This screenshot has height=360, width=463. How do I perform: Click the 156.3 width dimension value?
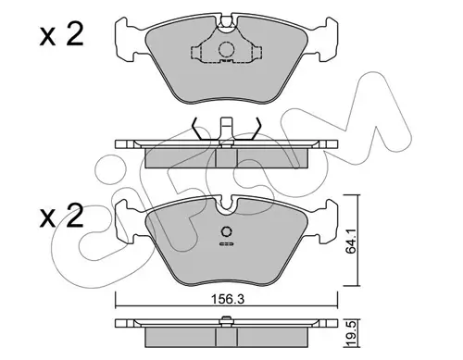(227, 299)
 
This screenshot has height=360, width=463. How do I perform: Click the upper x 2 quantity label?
(62, 35)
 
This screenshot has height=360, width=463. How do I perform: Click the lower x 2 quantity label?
(62, 216)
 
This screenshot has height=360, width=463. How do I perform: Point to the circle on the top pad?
(226, 50)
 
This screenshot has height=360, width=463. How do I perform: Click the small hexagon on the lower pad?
(227, 231)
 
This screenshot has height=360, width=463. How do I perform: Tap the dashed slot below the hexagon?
(227, 244)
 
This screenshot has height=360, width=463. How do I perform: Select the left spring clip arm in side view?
(198, 129)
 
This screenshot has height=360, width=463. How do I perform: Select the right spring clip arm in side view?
(255, 129)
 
